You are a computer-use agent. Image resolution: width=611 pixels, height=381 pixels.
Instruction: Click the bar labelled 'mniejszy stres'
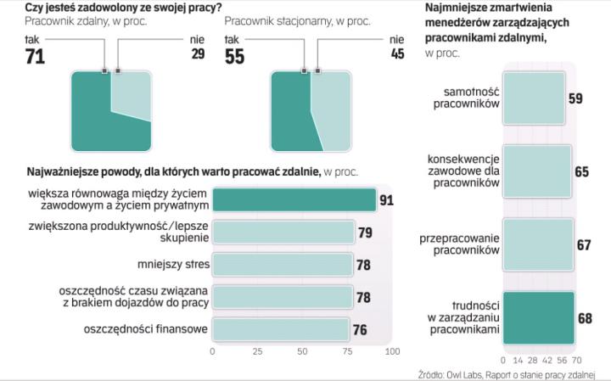pos(282,265)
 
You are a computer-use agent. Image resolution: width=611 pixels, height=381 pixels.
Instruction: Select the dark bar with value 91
pos(293,199)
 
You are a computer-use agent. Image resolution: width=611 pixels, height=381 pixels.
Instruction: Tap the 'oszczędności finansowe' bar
pos(280,329)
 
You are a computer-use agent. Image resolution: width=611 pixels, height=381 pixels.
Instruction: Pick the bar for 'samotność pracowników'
pos(532,98)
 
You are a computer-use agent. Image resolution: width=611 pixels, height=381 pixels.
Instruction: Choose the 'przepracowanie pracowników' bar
pos(538,244)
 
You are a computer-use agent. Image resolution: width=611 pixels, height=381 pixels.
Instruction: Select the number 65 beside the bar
pos(581,171)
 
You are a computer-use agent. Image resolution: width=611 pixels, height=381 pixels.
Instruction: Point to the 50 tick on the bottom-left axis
pos(302,350)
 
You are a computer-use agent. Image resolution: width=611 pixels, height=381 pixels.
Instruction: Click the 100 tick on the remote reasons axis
pos(391,350)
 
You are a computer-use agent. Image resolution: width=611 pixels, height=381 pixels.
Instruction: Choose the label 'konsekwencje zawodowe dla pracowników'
pos(464,171)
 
